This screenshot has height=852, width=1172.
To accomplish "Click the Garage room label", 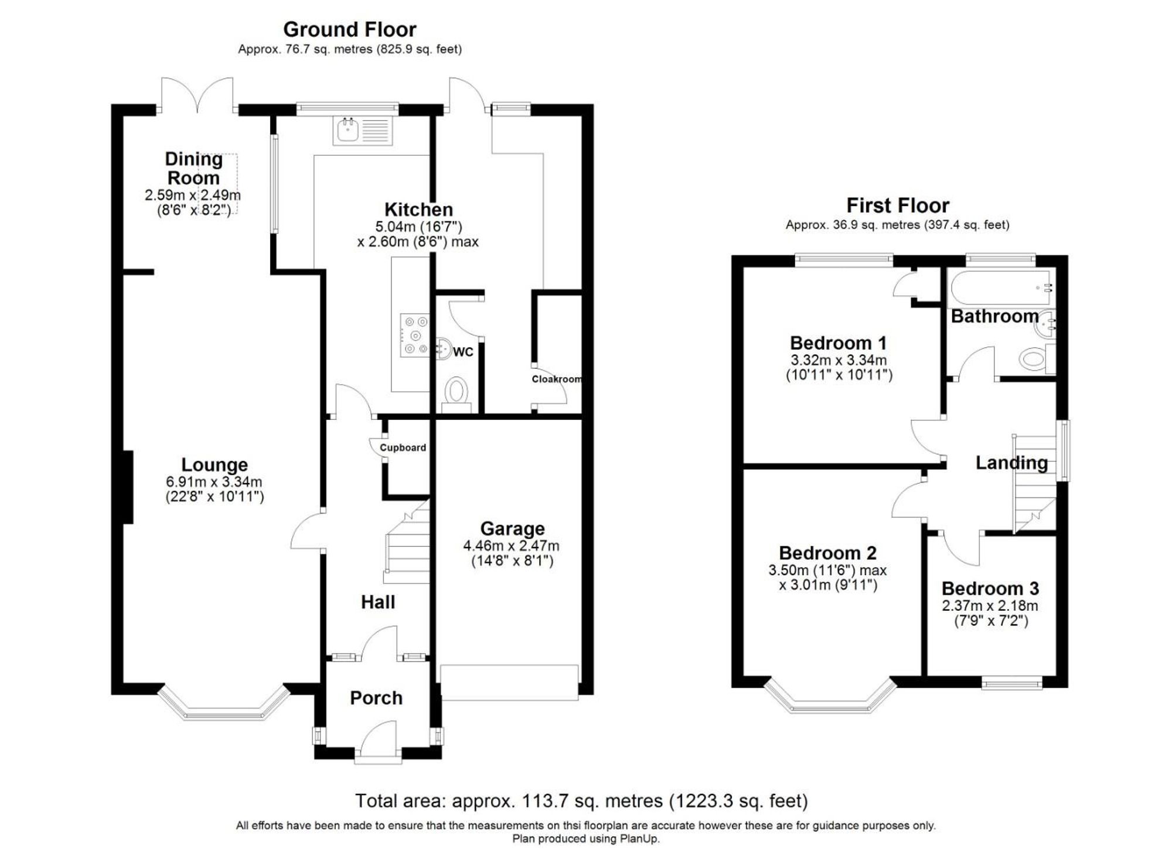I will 512,528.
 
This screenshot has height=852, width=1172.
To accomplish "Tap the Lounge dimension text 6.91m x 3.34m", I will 214,482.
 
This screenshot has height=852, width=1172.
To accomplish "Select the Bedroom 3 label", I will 990,588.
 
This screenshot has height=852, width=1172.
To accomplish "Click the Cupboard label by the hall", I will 403,447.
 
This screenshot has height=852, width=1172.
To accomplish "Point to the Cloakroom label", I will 556,379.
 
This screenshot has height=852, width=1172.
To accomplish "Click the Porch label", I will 376,697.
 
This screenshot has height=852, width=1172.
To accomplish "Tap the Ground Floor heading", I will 349,29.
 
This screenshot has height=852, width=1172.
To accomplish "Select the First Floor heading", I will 897,206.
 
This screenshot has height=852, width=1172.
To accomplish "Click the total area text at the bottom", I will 581,800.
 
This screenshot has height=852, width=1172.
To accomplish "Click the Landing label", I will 1011,463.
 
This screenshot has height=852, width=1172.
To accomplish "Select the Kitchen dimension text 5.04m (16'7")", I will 418,227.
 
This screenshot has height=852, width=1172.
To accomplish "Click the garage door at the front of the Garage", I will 509,682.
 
